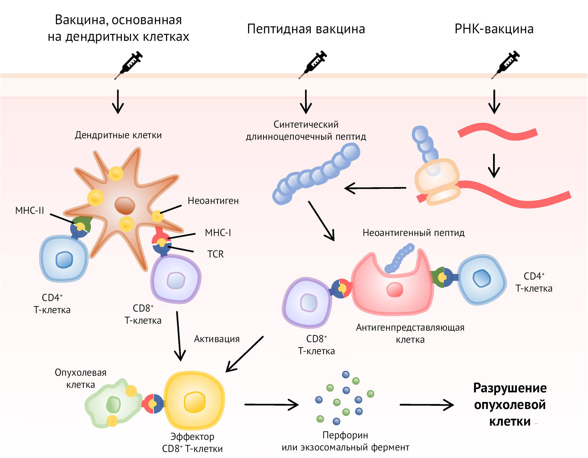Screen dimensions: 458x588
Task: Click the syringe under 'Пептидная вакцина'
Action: click(313, 64)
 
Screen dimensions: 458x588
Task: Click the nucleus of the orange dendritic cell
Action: click(124, 206)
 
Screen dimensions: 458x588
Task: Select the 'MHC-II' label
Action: click(30, 211)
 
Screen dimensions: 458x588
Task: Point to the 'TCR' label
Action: click(215, 254)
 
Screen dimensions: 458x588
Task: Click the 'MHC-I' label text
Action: click(218, 233)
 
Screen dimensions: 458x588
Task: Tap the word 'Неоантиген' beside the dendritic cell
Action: click(213, 201)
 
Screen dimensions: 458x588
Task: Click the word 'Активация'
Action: click(217, 339)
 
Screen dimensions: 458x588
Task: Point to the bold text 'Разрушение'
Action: click(510, 388)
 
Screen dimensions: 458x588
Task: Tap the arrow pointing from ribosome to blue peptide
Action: click(375, 188)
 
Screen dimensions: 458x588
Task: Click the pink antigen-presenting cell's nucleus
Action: click(395, 290)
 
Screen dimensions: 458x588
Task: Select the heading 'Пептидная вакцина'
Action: click(306, 29)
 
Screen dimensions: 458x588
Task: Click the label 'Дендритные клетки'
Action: click(118, 135)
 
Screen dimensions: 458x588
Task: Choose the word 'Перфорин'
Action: click(345, 435)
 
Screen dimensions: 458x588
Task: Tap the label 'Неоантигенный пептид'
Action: click(413, 233)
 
